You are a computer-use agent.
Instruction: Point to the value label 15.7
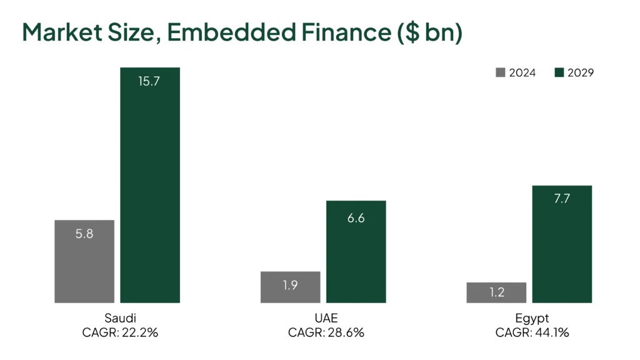click(x=150, y=81)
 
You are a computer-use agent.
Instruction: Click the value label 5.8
click(x=84, y=235)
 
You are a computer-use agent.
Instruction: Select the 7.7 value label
click(x=562, y=199)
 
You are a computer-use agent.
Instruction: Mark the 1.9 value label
click(x=290, y=285)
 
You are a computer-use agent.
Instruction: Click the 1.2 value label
click(x=496, y=292)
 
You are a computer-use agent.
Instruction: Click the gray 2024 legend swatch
click(x=500, y=72)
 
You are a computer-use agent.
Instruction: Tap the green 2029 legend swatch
click(x=559, y=72)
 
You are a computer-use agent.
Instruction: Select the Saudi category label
click(x=120, y=317)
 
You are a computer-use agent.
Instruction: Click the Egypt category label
click(x=532, y=317)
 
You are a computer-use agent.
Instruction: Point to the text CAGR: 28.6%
click(x=326, y=332)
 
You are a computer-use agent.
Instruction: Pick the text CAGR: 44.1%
click(x=532, y=332)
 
